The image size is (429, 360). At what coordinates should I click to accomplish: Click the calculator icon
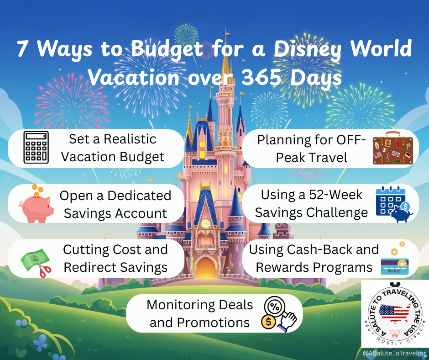pos(36,148)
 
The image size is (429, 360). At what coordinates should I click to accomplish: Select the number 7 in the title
pos(22,49)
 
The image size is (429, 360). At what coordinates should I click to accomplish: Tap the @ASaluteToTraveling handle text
pos(394,353)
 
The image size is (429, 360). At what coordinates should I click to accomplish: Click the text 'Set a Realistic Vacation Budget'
pos(113,148)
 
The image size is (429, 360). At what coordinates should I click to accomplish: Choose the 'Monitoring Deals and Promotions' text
pos(200,313)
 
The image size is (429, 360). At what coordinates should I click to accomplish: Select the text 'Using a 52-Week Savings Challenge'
pos(311,204)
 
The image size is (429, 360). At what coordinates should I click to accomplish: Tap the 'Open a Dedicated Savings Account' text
pos(115,204)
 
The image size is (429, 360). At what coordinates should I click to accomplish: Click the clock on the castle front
pos(205,224)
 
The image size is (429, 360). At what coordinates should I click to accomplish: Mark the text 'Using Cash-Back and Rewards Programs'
pos(314,258)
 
